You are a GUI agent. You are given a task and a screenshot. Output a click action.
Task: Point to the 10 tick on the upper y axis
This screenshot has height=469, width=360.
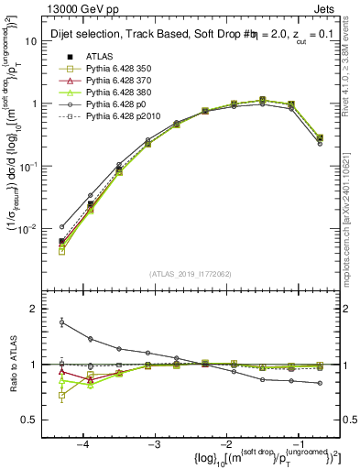(42, 42)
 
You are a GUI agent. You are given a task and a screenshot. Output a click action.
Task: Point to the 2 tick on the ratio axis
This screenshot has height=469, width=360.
(44, 310)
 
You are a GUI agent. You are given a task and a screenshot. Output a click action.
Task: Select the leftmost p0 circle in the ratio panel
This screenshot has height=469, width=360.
(61, 322)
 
